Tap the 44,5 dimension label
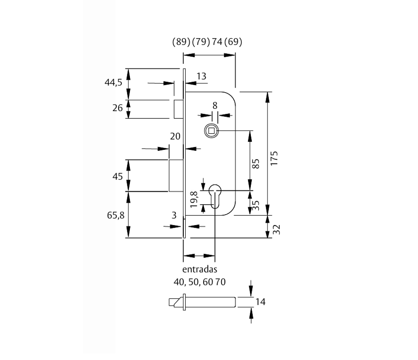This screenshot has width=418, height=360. [x=114, y=82]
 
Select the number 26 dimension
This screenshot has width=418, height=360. [x=117, y=108]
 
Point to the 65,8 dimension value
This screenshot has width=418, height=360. [x=116, y=215]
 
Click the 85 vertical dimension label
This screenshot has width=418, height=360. [x=257, y=162]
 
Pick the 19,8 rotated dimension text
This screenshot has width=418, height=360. [x=194, y=199]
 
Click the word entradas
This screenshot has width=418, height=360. [x=200, y=270]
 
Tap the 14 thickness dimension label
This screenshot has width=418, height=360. [x=260, y=302]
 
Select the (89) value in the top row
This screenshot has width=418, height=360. [x=181, y=42]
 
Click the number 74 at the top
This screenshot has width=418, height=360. [x=217, y=42]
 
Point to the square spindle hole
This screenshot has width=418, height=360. [x=211, y=130]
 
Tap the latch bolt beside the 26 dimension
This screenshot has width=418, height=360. [x=178, y=108]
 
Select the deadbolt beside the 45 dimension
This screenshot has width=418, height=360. [x=175, y=175]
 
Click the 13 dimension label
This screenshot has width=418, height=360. [x=201, y=76]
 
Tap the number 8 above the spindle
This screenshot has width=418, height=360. [x=215, y=106]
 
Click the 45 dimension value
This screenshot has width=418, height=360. [x=117, y=176]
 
